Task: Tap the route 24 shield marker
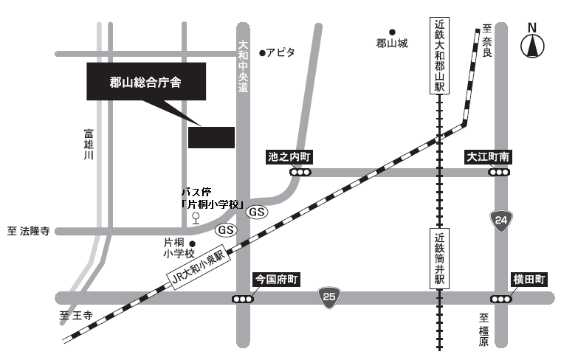click(501, 220)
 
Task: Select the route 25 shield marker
click(329, 297)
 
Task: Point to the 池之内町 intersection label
click(290, 157)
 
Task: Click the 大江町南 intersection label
click(489, 157)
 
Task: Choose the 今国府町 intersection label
click(276, 280)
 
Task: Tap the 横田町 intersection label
click(529, 280)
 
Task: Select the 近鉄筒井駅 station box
click(440, 257)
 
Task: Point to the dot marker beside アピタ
click(262, 52)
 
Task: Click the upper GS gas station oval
click(256, 212)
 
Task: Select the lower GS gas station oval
click(226, 229)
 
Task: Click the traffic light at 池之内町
click(300, 173)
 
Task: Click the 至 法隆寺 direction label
click(28, 231)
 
